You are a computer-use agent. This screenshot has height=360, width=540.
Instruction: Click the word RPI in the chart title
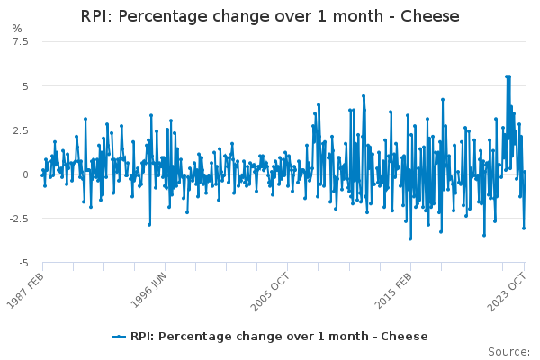(x=95, y=17)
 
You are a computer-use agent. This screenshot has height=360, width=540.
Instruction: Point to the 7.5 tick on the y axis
(x=20, y=42)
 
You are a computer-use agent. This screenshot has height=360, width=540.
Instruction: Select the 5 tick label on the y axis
(x=25, y=86)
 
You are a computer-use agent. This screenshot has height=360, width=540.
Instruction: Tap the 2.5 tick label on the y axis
(x=20, y=130)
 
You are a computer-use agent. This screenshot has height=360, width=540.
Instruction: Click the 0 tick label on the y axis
(x=25, y=175)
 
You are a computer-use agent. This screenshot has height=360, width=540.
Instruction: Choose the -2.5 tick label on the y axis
(x=18, y=219)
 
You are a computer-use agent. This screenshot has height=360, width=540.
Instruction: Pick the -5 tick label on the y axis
(x=23, y=263)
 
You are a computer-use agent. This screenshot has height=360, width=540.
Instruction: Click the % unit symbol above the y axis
(x=17, y=29)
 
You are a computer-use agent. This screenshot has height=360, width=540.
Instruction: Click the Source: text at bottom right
(x=508, y=351)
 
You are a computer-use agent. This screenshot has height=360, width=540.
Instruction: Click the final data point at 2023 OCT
(x=525, y=172)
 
